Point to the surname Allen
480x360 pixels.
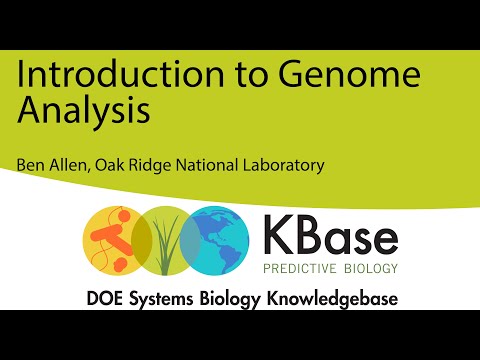[x=69, y=165]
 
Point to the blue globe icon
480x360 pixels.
[x=221, y=240]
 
